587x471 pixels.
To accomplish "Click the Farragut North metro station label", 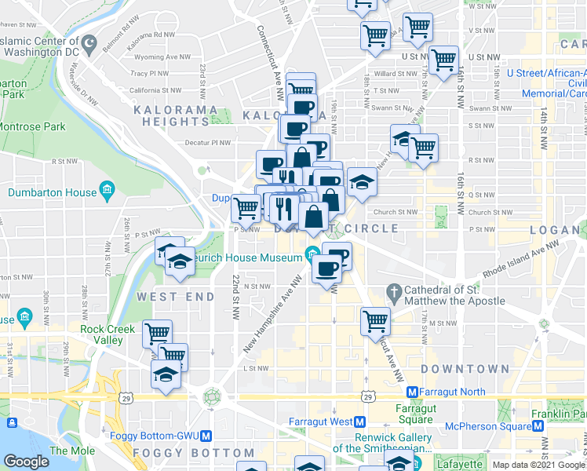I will point(455,391).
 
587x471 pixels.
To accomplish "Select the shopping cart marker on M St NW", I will point(376,321).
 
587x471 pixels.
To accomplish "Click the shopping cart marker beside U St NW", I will point(444,60).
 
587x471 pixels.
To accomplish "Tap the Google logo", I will point(26,462).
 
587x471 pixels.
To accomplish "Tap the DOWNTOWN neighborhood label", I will point(465,368).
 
